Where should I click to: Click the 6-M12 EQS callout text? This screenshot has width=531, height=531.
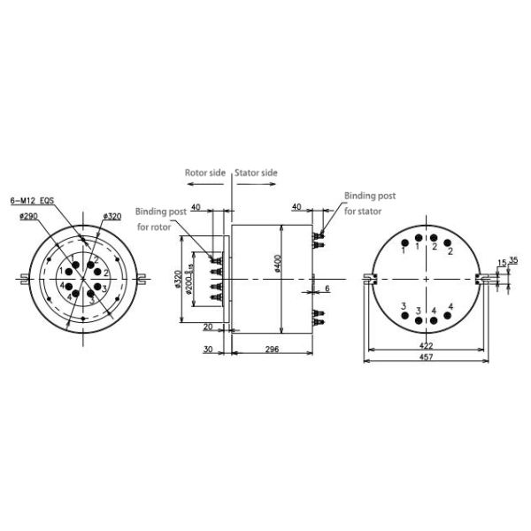(32, 201)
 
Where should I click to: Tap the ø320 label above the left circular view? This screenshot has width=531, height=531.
(112, 216)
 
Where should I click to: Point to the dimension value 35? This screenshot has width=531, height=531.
(512, 261)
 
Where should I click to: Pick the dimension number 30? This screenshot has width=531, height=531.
(208, 350)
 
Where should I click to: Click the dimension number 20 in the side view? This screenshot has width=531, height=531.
(208, 327)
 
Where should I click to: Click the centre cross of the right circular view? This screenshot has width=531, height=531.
(427, 280)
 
